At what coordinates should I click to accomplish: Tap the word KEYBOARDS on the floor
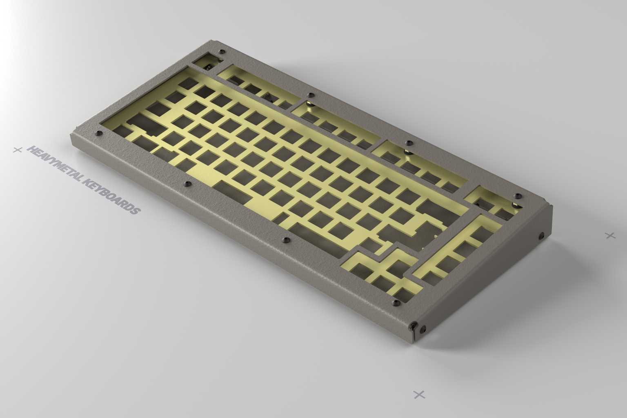(x=111, y=196)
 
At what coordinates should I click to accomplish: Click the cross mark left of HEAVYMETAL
(x=18, y=150)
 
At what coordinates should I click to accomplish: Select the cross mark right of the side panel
(x=610, y=235)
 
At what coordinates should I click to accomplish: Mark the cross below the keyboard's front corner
(x=419, y=394)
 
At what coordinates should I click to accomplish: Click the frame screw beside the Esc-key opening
(x=222, y=52)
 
